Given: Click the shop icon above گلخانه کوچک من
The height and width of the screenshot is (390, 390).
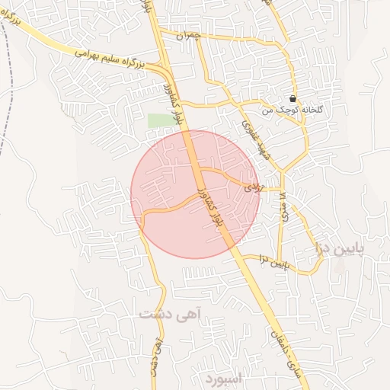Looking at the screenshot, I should pos(293,98).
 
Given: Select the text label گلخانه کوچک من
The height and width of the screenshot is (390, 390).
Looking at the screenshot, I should pos(293,110).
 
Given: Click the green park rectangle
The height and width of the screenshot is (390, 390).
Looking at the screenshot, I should pos(160,120).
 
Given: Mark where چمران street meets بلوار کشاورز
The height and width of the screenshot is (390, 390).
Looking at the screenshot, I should pos(162,35).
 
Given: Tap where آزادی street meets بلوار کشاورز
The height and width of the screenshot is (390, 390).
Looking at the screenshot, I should pos(200,169).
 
